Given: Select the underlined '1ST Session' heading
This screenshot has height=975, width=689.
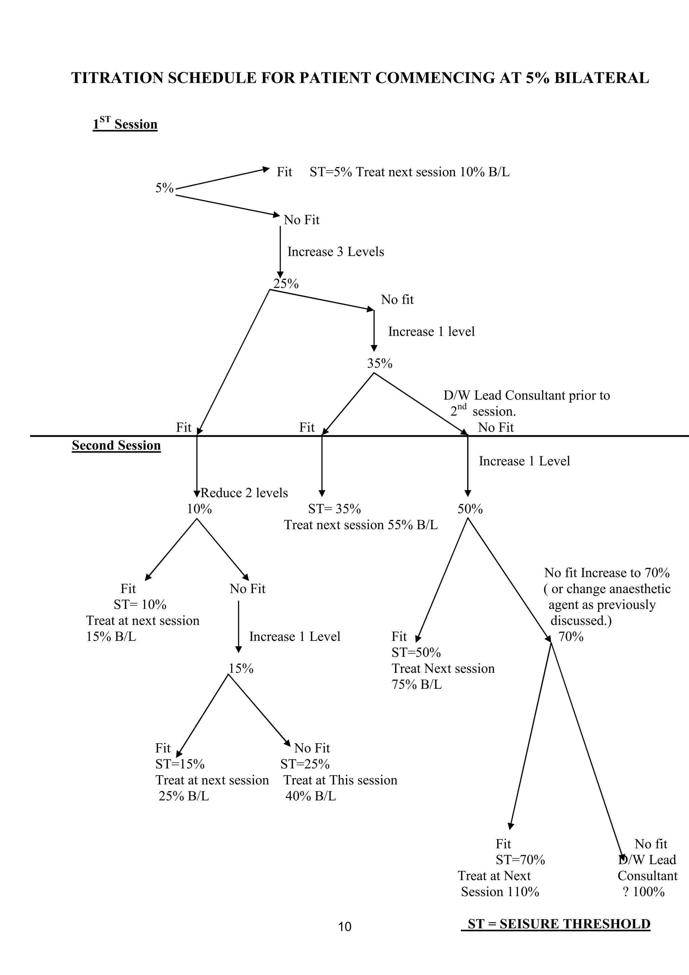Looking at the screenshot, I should tap(125, 124).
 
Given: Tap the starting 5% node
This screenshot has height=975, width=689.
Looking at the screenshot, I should tap(164, 188).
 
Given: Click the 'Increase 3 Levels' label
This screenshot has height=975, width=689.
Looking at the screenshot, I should tap(335, 252).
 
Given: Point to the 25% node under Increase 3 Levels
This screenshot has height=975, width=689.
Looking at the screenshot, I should tap(286, 284).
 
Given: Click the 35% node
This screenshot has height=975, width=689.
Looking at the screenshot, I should tap(379, 363).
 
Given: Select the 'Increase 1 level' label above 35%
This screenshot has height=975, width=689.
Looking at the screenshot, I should tap(431, 332).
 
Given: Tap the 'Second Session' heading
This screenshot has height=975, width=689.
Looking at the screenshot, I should tap(116, 445).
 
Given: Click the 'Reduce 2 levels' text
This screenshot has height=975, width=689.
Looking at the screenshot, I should tap(244, 493).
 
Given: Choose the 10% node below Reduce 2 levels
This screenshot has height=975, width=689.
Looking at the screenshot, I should tap(199, 509).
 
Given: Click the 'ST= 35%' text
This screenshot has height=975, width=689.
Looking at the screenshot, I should tap(334, 509).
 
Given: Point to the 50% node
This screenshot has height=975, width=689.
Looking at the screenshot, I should tap(470, 509).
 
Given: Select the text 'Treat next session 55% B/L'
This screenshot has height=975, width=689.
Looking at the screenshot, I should tap(360, 525).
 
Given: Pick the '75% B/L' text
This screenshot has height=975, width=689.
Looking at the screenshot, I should tap(416, 685).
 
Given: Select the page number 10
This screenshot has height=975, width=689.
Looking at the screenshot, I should tap(345, 927).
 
